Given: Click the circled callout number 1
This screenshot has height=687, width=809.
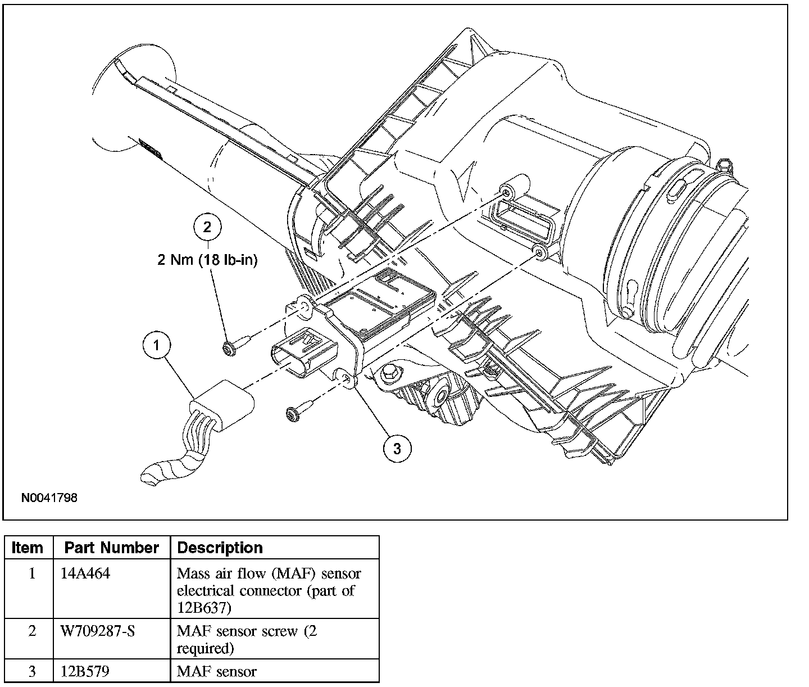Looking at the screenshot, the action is pos(157,346).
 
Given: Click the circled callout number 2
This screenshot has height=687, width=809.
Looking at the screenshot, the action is pos(207,227).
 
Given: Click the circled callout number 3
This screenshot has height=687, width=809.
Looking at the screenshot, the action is pos(397,448).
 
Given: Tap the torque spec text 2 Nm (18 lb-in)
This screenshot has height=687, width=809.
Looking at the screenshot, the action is pos(207,260).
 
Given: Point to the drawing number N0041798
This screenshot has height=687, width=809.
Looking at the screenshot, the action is pos(49,498).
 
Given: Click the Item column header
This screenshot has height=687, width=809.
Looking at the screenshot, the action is pos(28,548).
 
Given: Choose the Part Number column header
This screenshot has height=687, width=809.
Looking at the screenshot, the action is pos(112,548).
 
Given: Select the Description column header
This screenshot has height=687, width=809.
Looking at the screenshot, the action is pos(220,548).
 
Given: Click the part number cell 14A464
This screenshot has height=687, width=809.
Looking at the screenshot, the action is pos(85,573).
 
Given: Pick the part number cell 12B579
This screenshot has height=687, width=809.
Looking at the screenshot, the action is pos(85,671).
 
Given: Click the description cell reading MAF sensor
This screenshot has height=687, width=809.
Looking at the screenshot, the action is pos(216,672).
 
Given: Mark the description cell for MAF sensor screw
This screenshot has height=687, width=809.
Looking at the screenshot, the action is pos(247,640).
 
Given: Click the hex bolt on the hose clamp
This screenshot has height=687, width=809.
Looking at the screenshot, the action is pos(725,165).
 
